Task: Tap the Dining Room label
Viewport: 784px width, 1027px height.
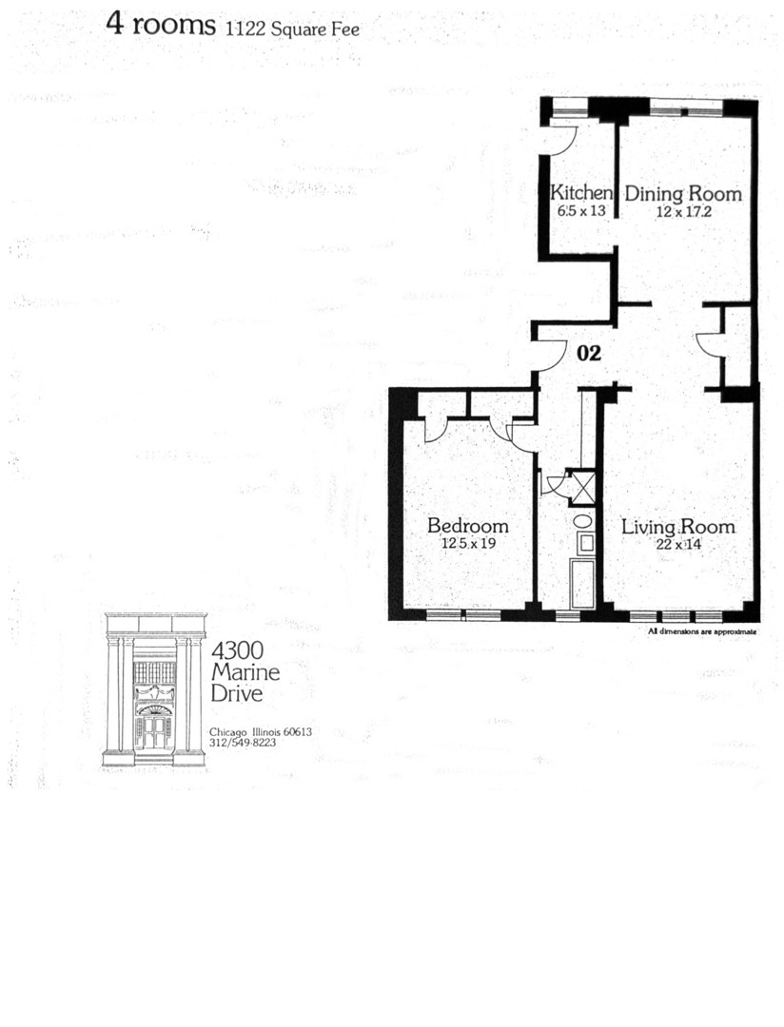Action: coord(683,194)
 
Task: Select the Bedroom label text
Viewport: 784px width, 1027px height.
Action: coord(467,526)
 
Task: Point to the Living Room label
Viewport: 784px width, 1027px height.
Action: coord(677,527)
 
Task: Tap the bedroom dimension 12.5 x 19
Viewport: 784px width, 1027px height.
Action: coord(467,544)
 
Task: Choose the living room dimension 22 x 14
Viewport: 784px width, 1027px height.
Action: coord(677,544)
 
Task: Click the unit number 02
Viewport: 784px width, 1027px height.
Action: coord(590,354)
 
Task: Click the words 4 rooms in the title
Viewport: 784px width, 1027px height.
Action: coord(161,25)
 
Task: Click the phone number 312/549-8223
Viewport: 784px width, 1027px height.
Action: coord(242,743)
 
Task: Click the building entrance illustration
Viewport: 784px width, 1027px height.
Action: coord(154,689)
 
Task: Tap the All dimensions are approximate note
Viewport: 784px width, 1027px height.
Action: coord(702,630)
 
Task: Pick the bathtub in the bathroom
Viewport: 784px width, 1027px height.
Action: coord(582,583)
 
